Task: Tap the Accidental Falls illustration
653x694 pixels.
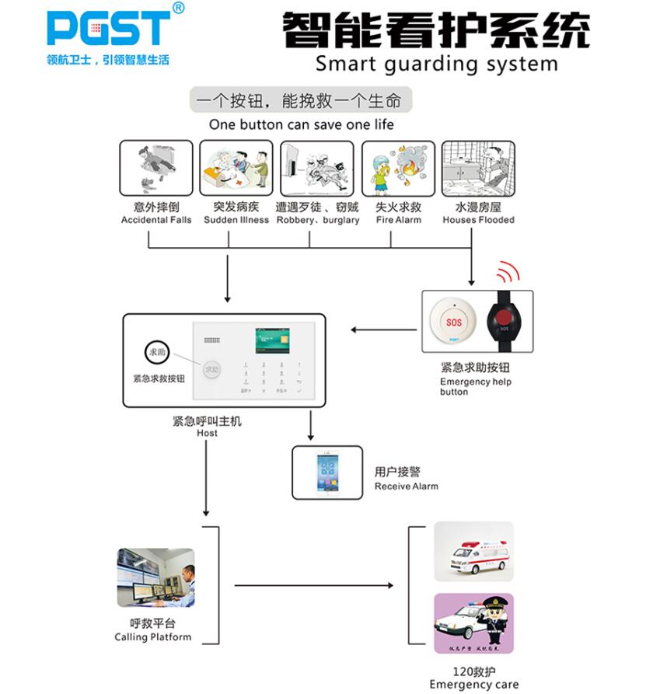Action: coord(155,168)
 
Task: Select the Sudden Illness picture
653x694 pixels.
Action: coord(236,168)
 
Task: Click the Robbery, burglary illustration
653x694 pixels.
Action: coord(317,168)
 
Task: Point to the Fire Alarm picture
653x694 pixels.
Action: coord(397,168)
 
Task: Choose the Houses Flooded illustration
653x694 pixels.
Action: coord(478,168)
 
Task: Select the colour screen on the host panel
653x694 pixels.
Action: coord(272,340)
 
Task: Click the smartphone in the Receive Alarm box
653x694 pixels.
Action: coord(327,472)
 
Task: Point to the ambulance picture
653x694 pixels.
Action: coord(473,552)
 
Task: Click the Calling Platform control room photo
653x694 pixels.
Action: coord(155,577)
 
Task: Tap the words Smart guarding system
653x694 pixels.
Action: coord(436,63)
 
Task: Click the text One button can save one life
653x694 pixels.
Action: coord(301,124)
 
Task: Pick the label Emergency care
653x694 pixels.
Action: coord(473,685)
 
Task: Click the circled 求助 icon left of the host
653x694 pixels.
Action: coord(155,352)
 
